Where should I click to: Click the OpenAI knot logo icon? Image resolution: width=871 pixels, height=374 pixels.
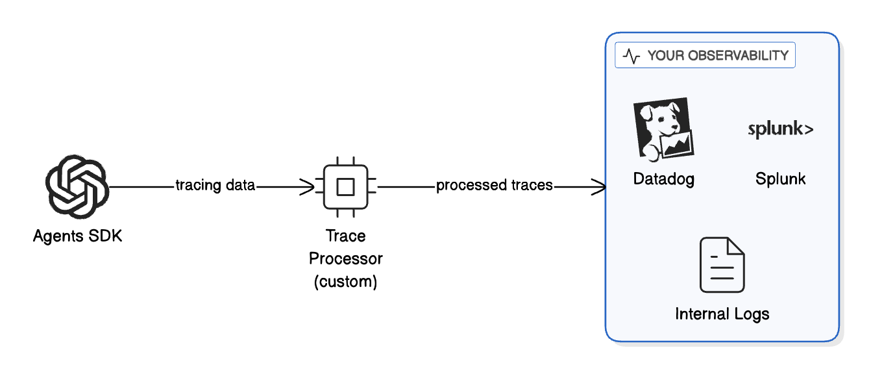pyautogui.click(x=77, y=187)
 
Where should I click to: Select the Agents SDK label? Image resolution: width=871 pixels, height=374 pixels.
pyautogui.click(x=77, y=236)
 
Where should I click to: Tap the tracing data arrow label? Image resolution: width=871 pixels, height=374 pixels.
pyautogui.click(x=215, y=186)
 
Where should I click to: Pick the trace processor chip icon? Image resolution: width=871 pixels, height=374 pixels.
pyautogui.click(x=345, y=187)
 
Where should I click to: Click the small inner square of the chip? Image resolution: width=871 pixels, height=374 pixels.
pyautogui.click(x=345, y=187)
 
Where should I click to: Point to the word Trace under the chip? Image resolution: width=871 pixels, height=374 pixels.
pyautogui.click(x=345, y=236)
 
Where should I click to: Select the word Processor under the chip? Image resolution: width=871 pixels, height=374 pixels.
pyautogui.click(x=345, y=258)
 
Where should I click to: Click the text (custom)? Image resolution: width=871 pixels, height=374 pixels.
pyautogui.click(x=345, y=282)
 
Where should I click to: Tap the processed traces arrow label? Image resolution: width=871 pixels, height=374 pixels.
pyautogui.click(x=494, y=186)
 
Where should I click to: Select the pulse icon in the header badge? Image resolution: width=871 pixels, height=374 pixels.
pyautogui.click(x=631, y=56)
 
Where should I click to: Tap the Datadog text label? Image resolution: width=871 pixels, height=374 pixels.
pyautogui.click(x=663, y=179)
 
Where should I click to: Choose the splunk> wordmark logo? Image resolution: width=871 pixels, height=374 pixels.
pyautogui.click(x=780, y=129)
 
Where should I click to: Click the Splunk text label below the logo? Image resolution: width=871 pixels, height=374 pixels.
pyautogui.click(x=780, y=179)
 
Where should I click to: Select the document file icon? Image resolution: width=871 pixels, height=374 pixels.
pyautogui.click(x=722, y=266)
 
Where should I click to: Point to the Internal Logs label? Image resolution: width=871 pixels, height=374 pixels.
pyautogui.click(x=722, y=314)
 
